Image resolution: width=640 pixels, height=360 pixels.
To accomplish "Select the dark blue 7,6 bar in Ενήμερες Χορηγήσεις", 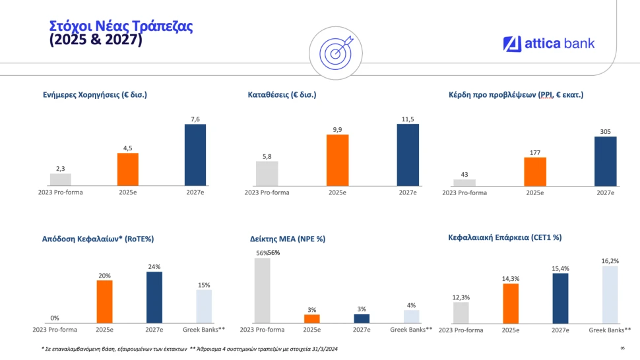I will pos(195,155).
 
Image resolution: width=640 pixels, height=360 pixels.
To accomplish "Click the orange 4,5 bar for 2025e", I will pos(128,169).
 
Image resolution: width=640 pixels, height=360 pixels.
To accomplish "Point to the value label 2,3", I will pos(60,169).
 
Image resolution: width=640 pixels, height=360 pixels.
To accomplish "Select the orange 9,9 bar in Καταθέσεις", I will pos(337,160).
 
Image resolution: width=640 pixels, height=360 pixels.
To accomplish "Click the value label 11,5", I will pos(408,119).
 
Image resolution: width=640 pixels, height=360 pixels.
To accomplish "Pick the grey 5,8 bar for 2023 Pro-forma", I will pos(267,173).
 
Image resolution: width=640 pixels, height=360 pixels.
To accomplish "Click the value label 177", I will pos(534,152).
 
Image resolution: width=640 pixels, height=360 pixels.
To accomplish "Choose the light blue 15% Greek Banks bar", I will pos(204,307).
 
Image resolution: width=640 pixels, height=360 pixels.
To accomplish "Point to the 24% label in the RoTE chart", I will pos(154,266).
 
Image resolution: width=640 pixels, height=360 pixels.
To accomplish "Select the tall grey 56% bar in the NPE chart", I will pos(262,290).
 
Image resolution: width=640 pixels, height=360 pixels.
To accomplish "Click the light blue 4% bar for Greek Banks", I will pos(411,316).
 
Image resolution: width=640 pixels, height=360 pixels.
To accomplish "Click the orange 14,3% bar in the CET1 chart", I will pos(511,303).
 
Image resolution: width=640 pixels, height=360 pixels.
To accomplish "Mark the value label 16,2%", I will pos(610,261).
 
